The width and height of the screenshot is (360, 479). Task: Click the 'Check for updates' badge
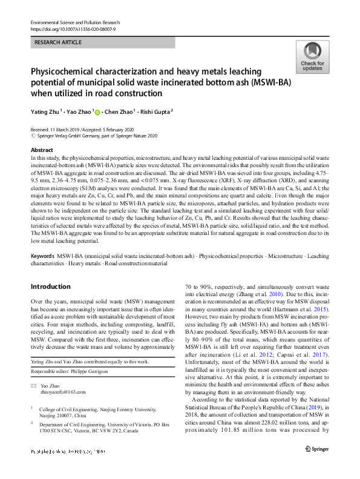[x=312, y=58]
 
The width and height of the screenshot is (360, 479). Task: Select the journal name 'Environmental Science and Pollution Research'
[x=75, y=22]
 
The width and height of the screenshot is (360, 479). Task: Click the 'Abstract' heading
[x=42, y=150]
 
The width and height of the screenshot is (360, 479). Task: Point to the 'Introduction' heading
[x=50, y=286]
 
